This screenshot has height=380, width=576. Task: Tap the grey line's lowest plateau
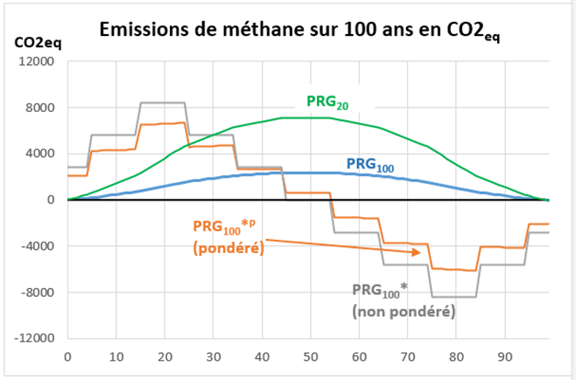[x=453, y=297]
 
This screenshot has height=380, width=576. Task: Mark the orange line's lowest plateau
[x=455, y=270]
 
